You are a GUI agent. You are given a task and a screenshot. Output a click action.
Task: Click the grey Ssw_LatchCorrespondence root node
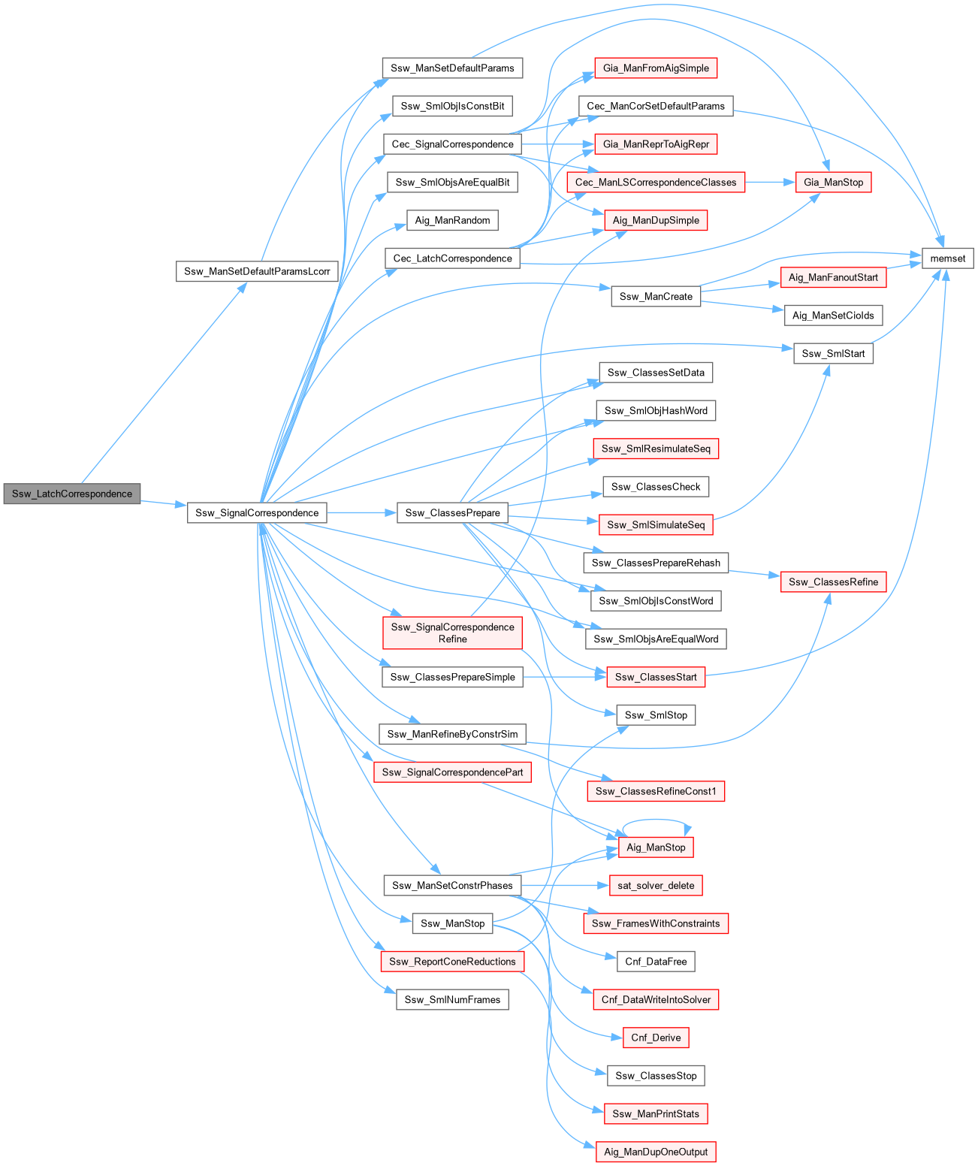pyautogui.click(x=72, y=494)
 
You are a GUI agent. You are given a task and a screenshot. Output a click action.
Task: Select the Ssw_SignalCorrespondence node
pyautogui.click(x=257, y=512)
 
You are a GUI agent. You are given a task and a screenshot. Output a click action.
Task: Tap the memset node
pyautogui.click(x=947, y=258)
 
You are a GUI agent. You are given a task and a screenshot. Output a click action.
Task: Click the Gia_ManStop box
pyautogui.click(x=833, y=182)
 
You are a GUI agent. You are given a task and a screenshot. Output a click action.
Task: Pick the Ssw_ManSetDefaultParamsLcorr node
pyautogui.click(x=257, y=271)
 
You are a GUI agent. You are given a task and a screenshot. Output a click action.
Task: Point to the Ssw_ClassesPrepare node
pyautogui.click(x=452, y=512)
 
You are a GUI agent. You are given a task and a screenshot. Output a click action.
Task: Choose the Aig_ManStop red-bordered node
pyautogui.click(x=656, y=847)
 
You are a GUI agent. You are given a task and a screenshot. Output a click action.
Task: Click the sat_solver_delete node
pyautogui.click(x=656, y=885)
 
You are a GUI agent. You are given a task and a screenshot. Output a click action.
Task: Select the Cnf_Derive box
pyautogui.click(x=656, y=1038)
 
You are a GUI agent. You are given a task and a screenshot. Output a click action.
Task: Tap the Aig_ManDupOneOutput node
pyautogui.click(x=656, y=1152)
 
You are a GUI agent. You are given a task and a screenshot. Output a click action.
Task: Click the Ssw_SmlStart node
pyautogui.click(x=833, y=353)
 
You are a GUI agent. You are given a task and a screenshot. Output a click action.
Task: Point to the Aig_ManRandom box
pyautogui.click(x=452, y=220)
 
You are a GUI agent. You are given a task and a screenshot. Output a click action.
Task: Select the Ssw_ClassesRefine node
pyautogui.click(x=833, y=581)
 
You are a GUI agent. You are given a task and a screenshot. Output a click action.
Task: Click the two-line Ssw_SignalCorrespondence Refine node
pyautogui.click(x=452, y=633)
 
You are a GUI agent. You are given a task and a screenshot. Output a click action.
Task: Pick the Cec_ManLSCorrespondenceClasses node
pyautogui.click(x=656, y=182)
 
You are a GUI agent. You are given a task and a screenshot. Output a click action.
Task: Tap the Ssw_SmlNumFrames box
pyautogui.click(x=452, y=999)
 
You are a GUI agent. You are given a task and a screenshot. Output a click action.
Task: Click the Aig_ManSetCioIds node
pyautogui.click(x=833, y=316)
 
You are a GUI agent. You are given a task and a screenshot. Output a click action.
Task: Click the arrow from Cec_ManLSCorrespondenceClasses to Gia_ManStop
pyautogui.click(x=770, y=182)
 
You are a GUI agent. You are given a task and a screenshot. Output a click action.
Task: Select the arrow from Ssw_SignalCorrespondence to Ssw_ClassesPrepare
pyautogui.click(x=361, y=512)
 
